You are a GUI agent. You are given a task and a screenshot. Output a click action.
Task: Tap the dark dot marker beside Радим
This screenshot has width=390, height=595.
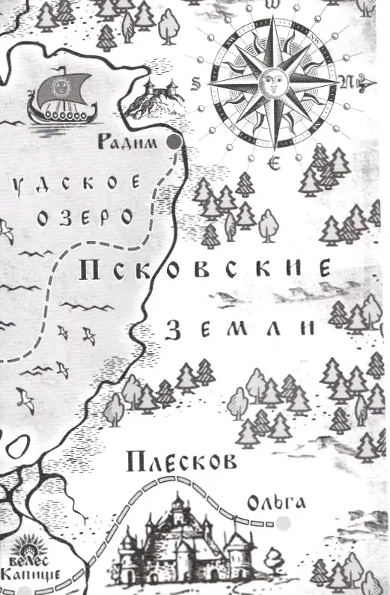click(x=174, y=142)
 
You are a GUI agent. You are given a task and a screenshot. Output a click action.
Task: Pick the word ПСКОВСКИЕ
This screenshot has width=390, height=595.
click(x=204, y=269)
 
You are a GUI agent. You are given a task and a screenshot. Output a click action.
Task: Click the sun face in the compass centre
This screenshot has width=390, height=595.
click(x=272, y=82)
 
